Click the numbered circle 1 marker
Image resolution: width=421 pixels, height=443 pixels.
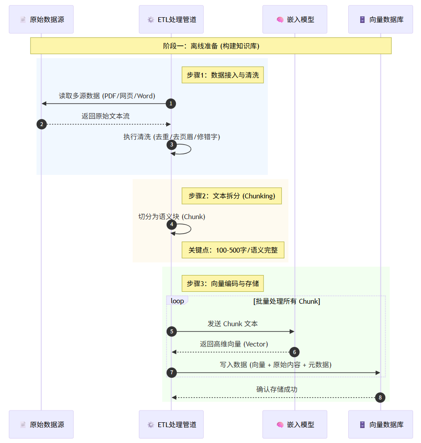tap(171, 104)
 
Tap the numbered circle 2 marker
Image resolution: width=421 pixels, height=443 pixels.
tap(41, 124)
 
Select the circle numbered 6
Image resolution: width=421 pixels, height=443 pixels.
tap(294, 352)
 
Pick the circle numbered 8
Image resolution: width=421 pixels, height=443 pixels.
tap(380, 398)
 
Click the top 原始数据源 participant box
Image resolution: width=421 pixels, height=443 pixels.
tap(41, 19)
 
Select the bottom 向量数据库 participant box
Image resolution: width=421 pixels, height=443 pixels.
tap(380, 424)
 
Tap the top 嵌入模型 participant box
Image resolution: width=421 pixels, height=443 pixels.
tap(294, 19)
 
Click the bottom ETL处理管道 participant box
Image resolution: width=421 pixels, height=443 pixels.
tap(171, 424)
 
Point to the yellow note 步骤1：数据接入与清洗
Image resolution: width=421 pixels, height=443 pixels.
tap(223, 75)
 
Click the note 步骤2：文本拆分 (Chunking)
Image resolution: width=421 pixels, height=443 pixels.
tap(231, 196)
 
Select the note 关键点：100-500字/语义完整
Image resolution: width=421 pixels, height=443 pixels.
tap(233, 250)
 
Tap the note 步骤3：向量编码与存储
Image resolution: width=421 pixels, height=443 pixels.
tap(223, 283)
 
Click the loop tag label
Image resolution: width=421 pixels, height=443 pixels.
tap(177, 301)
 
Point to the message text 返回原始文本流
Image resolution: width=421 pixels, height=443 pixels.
tap(105, 116)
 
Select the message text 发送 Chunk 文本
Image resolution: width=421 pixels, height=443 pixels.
tap(233, 324)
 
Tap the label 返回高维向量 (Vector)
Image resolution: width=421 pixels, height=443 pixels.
tap(234, 344)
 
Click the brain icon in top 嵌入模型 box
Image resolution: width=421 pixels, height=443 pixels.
tap(280, 20)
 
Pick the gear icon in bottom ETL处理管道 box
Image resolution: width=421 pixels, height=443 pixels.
tap(151, 425)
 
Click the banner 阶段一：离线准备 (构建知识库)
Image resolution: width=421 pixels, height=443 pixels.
tap(211, 46)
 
